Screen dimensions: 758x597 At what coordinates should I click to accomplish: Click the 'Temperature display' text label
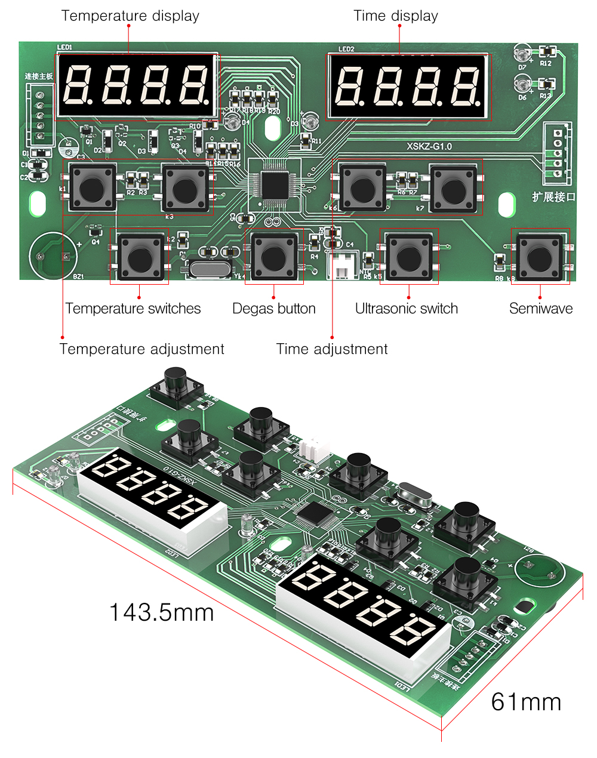tap(130, 16)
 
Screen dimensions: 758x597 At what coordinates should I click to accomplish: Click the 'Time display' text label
tap(395, 16)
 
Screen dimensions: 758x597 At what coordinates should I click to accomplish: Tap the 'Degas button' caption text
tap(273, 309)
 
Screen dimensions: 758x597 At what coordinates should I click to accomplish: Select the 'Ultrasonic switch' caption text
tap(406, 309)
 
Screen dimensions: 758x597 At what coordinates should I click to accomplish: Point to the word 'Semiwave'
tap(540, 309)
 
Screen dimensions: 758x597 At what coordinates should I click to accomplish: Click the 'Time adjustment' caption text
tap(332, 349)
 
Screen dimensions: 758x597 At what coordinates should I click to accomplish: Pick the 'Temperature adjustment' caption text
tap(141, 349)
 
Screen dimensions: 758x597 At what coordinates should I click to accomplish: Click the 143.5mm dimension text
tap(161, 612)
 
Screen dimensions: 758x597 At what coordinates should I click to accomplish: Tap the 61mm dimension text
tap(526, 702)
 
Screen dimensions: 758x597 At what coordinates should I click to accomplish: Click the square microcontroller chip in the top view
tap(274, 185)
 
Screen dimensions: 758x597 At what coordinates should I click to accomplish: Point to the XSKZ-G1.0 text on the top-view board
tap(429, 146)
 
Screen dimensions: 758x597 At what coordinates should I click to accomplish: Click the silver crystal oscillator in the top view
tap(210, 268)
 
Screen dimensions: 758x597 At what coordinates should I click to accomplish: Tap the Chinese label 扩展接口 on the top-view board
tap(553, 197)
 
